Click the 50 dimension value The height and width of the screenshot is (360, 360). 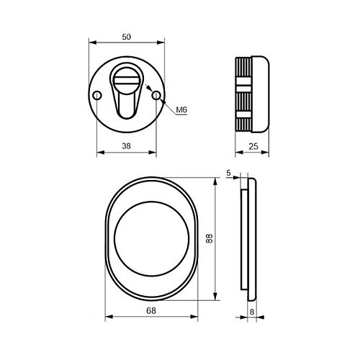(x=127, y=37)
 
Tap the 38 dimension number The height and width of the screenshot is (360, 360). (x=126, y=146)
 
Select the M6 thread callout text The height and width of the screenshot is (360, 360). (x=181, y=110)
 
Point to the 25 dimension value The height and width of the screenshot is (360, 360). (x=253, y=146)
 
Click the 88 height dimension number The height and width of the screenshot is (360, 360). (x=210, y=239)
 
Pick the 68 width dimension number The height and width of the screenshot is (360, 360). (x=151, y=310)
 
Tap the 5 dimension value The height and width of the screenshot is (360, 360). (x=228, y=173)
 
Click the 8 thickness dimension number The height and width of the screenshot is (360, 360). (x=252, y=312)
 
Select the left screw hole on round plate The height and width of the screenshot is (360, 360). (x=97, y=96)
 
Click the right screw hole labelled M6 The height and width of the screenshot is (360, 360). (x=156, y=96)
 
